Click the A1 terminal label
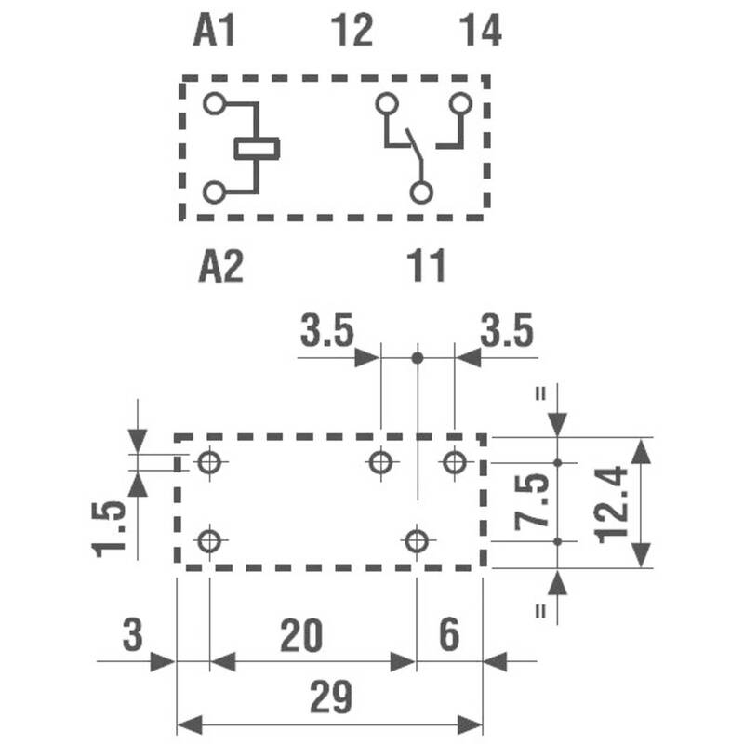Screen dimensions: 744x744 214,31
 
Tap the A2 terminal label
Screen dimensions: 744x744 221,267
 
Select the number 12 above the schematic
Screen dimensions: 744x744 352,31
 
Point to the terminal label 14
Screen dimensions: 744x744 481,31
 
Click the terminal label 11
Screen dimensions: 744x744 427,266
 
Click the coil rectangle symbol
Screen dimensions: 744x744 258,149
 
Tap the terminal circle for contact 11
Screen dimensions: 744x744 421,193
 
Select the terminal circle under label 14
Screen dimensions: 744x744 460,103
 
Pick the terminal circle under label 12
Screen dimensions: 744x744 387,103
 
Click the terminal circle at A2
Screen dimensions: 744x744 214,193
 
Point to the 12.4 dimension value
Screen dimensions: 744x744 612,504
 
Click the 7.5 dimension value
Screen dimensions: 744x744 532,502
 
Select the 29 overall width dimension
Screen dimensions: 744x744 331,697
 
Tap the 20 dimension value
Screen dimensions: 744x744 301,635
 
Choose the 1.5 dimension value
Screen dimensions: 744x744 109,529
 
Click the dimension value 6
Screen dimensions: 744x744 449,634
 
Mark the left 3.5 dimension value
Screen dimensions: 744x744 327,330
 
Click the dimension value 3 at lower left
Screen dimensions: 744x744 132,634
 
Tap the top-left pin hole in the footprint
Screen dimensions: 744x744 210,461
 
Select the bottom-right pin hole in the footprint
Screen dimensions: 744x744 417,540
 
